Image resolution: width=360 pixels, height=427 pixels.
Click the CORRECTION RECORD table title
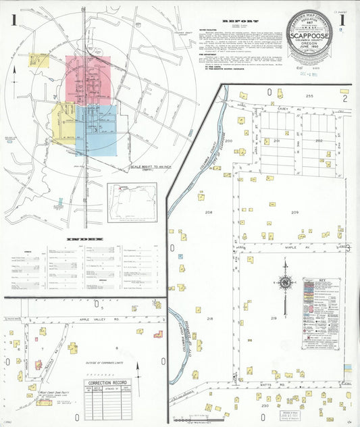(x=106, y=382)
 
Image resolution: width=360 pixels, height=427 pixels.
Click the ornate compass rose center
(x=285, y=282)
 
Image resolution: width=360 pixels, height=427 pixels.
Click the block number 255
(x=309, y=97)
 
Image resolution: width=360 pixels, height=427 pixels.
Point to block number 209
(x=294, y=212)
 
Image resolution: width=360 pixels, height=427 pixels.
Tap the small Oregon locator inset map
(x=132, y=202)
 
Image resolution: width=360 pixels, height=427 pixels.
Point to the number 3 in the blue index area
(x=95, y=130)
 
